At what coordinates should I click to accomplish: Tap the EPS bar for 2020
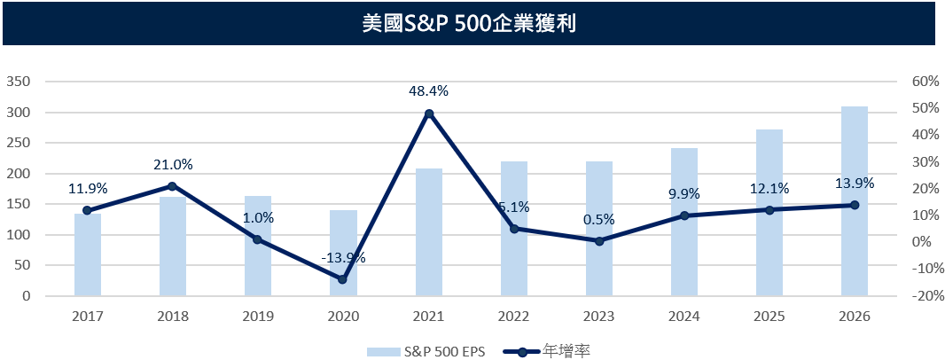(x=343, y=253)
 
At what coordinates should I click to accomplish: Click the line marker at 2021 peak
(x=429, y=113)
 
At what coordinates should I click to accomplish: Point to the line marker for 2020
(x=343, y=278)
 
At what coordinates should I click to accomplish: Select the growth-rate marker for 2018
(x=172, y=186)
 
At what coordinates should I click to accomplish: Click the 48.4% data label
(x=429, y=90)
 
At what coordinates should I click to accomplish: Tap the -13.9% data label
(x=343, y=258)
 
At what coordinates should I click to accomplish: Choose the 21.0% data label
(x=172, y=164)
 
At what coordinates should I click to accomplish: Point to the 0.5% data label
(x=599, y=219)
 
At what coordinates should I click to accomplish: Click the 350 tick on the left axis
(x=19, y=82)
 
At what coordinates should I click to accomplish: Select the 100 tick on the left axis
(x=19, y=235)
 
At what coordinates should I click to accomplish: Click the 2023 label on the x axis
(x=599, y=316)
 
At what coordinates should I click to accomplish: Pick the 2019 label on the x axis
(x=258, y=316)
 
